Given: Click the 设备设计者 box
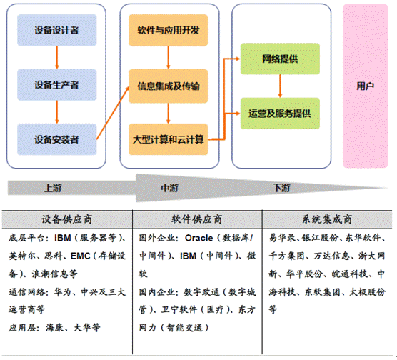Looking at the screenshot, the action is pos(57,30).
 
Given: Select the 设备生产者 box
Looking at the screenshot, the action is pos(57,84).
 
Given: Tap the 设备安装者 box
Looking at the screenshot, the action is pos(57,139).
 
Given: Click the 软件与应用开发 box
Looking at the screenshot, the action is pos(168,30).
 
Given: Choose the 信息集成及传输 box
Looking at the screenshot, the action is pos(168,86).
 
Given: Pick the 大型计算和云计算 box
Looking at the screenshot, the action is pos(168,139).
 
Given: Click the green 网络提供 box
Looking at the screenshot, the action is pos(280,59).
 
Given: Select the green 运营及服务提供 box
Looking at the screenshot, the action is pos(280,114).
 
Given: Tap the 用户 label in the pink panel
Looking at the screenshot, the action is pos(365,86).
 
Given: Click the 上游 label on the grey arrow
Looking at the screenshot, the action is pos(53,188).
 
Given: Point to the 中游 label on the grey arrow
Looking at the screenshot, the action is pos(169,188).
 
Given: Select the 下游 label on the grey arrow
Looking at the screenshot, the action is pos(281,188).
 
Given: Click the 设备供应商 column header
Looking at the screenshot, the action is pos(67,219).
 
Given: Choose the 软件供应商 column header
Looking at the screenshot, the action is pos(197,219).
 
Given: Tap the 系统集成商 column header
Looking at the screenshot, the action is pos(327,219).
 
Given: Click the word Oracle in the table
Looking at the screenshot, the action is pos(199,238).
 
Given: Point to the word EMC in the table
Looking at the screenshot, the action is pos(80,256).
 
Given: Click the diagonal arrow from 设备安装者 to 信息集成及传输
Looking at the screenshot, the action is pos(113,113).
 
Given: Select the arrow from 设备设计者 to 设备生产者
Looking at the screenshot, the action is pos(57,57).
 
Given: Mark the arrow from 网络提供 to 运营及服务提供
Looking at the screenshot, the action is pos(280,86).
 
